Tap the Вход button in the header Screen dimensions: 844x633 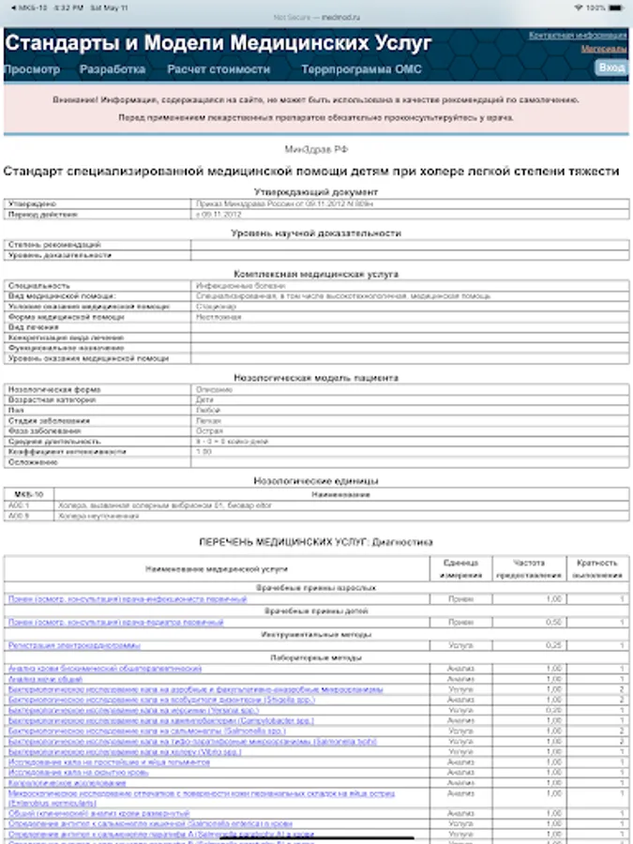click(x=610, y=68)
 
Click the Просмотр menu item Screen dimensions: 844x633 click(x=32, y=69)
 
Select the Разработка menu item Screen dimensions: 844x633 click(x=113, y=69)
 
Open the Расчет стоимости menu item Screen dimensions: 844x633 click(x=219, y=69)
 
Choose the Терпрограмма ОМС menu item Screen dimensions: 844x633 click(x=361, y=69)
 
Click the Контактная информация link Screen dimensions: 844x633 click(x=578, y=35)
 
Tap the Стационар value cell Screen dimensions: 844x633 click(x=215, y=306)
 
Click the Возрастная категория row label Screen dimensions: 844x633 click(x=48, y=399)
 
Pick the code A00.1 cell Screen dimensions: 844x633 click(x=20, y=505)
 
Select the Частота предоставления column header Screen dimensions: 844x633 click(x=530, y=569)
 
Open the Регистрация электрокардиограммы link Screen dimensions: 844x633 click(x=74, y=646)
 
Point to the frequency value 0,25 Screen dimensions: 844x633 click(x=553, y=646)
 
